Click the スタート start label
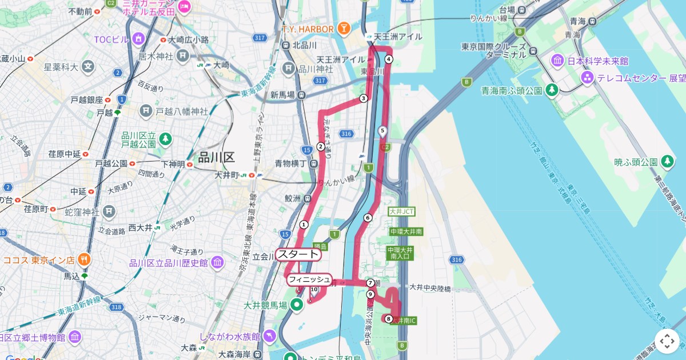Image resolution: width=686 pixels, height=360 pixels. pyautogui.click(x=298, y=254)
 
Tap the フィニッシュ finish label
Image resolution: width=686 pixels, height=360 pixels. pyautogui.click(x=309, y=279)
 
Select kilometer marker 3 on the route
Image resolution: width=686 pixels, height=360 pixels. pyautogui.click(x=363, y=98)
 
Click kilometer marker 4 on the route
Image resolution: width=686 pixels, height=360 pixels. pyautogui.click(x=389, y=59)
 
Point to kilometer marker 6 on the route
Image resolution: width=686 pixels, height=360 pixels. pyautogui.click(x=368, y=218)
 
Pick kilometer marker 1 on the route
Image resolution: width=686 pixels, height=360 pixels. pyautogui.click(x=304, y=225)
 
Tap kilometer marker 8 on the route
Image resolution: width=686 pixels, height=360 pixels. pyautogui.click(x=389, y=319)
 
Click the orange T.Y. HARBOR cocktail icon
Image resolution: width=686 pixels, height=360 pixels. pyautogui.click(x=344, y=27)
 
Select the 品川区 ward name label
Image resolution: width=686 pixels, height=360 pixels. pyautogui.click(x=217, y=158)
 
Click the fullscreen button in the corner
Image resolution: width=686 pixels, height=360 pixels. pyautogui.click(x=667, y=341)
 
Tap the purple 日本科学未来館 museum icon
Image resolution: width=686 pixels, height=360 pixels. pyautogui.click(x=558, y=61)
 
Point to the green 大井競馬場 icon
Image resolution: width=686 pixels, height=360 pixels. pyautogui.click(x=296, y=305)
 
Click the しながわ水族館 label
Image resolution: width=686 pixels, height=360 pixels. pyautogui.click(x=230, y=337)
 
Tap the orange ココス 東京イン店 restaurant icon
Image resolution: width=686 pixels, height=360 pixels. pyautogui.click(x=85, y=259)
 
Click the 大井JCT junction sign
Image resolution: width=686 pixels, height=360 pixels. pyautogui.click(x=401, y=211)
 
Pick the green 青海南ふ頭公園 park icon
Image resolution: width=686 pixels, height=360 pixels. pyautogui.click(x=552, y=90)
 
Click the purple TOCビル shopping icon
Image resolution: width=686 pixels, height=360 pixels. pyautogui.click(x=138, y=39)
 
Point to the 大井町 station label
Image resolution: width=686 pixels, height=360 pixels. pyautogui.click(x=226, y=175)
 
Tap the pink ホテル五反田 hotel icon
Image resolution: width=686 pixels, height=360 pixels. pyautogui.click(x=185, y=7)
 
